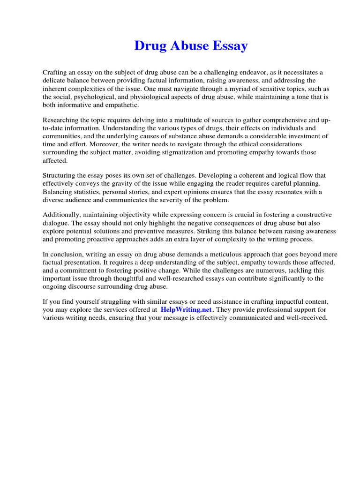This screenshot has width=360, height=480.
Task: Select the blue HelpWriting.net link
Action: tap(186, 310)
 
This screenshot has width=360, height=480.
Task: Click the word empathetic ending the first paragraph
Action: tap(114, 105)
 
